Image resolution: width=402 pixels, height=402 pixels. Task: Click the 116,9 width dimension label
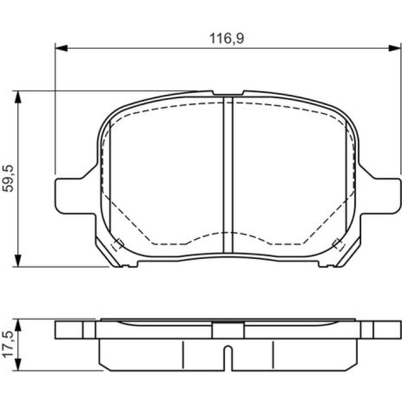(x=227, y=38)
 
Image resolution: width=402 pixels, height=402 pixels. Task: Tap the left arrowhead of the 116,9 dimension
(x=61, y=48)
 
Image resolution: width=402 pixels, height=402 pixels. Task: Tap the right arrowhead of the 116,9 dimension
(x=395, y=48)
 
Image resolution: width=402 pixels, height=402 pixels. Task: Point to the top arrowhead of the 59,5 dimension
(x=18, y=97)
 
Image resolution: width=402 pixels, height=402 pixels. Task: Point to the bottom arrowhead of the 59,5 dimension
(x=18, y=261)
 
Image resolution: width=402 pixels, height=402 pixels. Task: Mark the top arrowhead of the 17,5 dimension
(x=18, y=326)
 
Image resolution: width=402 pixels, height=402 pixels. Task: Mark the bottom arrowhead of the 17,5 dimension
(x=18, y=364)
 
